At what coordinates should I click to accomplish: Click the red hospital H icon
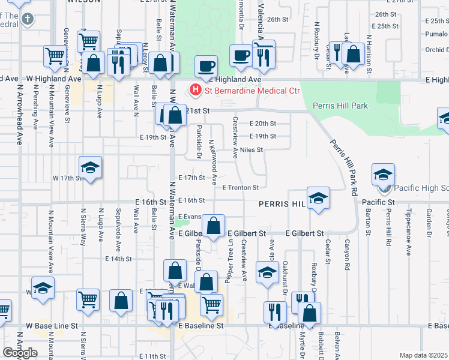[195, 91]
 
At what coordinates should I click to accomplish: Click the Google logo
[20, 353]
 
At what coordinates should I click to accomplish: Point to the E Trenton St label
[240, 188]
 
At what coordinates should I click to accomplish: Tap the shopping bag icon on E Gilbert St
[213, 226]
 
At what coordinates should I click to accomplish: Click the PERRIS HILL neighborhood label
[282, 204]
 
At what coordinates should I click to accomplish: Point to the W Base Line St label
[52, 326]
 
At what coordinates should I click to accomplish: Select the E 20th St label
[262, 124]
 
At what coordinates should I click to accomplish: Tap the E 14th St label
[118, 259]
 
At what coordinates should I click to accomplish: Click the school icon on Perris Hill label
[318, 199]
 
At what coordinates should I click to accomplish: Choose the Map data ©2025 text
[423, 355]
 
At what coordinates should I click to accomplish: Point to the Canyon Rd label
[347, 251]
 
